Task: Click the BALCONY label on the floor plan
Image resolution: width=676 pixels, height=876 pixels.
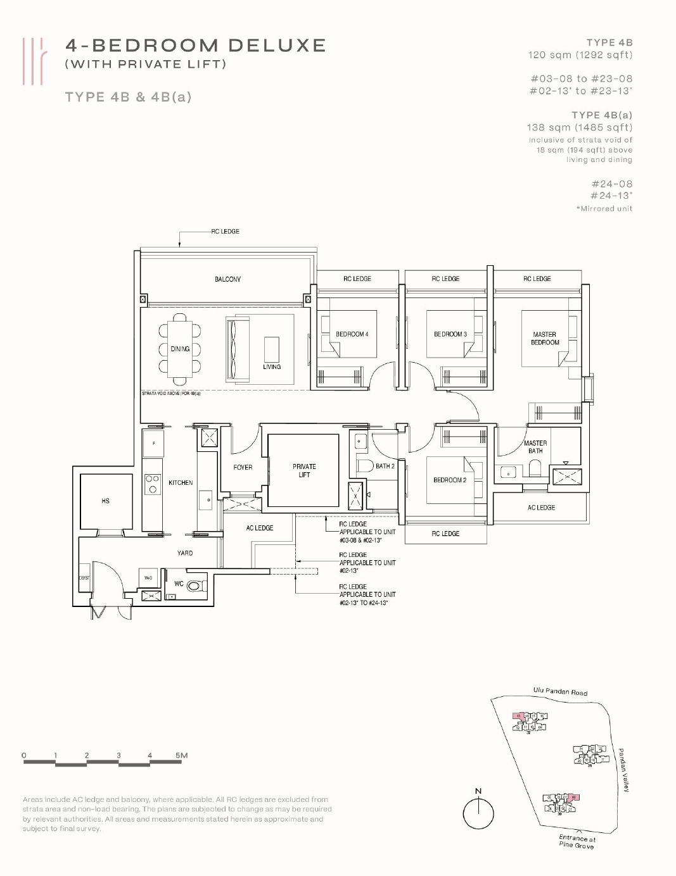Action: (x=227, y=279)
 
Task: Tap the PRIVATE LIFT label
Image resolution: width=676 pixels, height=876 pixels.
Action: (x=304, y=470)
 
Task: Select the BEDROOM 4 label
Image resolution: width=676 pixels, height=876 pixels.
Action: (x=352, y=334)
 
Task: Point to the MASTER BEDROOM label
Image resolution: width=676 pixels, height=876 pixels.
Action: (x=545, y=338)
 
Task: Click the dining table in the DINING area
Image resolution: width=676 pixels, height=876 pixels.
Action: (x=180, y=349)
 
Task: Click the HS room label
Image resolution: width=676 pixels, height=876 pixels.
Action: (x=105, y=501)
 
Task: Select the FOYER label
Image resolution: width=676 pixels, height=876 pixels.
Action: (x=243, y=467)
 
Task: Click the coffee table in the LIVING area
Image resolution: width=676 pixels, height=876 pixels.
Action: (x=271, y=347)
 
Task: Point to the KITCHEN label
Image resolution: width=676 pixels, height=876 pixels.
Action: (x=181, y=483)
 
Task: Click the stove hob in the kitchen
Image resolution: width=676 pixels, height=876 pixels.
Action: (x=152, y=484)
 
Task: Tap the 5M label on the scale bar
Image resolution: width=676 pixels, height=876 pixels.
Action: (x=181, y=755)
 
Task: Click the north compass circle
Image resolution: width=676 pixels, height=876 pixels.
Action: (x=478, y=813)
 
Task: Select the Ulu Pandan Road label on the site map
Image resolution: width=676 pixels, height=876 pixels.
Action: (x=560, y=692)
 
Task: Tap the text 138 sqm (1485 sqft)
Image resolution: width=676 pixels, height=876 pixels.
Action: (x=579, y=127)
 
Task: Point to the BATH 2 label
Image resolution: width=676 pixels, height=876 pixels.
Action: (x=385, y=466)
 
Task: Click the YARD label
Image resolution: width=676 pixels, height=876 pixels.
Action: (x=185, y=553)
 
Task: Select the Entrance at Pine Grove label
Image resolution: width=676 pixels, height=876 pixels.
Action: (x=577, y=841)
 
